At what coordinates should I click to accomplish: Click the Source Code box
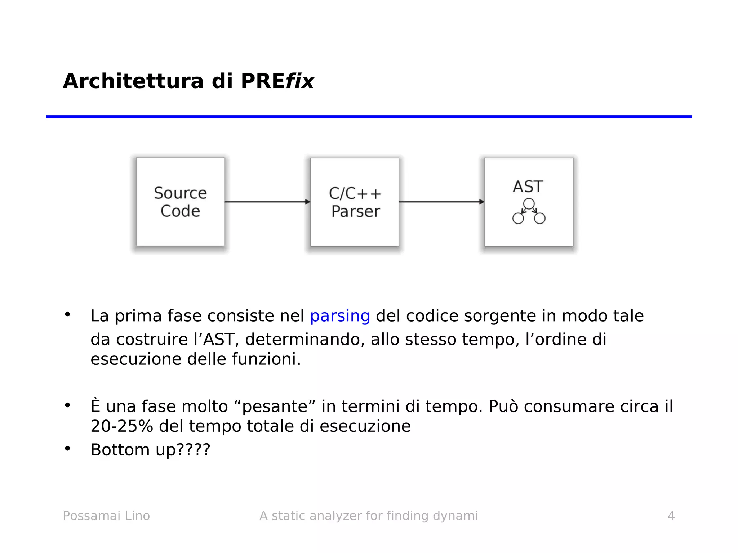pos(180,202)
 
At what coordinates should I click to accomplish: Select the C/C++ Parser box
pos(355,202)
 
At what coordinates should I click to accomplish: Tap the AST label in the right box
pos(528,186)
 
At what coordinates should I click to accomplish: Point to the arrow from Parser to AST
pos(441,202)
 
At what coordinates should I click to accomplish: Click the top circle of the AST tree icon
pos(529,204)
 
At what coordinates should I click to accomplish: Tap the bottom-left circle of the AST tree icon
pos(518,218)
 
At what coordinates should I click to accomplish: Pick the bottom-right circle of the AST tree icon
pos(539,218)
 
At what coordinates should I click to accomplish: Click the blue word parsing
pos(340,316)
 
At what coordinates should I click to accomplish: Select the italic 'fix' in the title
pos(300,81)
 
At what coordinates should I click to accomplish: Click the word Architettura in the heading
pos(133,81)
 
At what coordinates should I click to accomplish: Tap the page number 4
pos(671,516)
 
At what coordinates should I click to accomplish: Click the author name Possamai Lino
pos(106,516)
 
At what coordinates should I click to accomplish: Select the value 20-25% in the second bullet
pos(122,426)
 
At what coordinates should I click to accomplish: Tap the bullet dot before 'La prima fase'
pos(67,314)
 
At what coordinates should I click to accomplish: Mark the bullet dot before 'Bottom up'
pos(67,448)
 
